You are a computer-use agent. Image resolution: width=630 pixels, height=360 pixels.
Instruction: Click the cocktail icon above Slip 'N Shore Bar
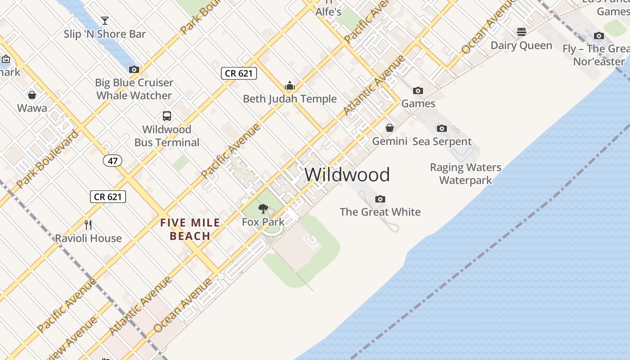(x=105, y=20)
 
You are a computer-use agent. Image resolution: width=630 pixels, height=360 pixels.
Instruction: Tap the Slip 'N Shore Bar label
(x=105, y=34)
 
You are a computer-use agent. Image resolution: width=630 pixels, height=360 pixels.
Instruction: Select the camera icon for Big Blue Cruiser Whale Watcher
(x=134, y=69)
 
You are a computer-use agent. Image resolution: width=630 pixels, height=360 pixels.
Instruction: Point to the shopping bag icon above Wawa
(x=32, y=95)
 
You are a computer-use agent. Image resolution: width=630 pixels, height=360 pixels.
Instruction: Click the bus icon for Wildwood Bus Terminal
(x=167, y=116)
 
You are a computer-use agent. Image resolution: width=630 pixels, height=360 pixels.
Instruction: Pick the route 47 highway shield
(x=112, y=161)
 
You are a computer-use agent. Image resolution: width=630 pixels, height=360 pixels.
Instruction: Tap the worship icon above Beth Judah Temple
(x=289, y=85)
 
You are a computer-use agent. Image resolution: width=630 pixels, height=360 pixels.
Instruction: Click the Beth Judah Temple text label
(x=290, y=99)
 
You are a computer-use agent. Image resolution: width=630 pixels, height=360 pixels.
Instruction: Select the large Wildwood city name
(x=347, y=175)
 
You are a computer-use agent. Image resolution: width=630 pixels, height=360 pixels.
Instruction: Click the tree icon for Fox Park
(x=263, y=209)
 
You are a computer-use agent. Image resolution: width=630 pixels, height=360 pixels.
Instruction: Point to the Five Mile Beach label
(x=190, y=229)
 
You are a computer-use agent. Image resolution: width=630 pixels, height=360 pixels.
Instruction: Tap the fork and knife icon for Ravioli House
(x=88, y=225)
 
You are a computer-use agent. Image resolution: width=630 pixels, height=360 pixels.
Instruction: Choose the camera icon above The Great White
(x=380, y=199)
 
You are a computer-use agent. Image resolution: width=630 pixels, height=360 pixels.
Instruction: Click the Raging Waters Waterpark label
(x=466, y=174)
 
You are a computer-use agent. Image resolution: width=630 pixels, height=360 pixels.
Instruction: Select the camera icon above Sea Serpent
(x=442, y=128)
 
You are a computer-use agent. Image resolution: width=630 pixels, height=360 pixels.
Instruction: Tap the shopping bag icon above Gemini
(x=390, y=128)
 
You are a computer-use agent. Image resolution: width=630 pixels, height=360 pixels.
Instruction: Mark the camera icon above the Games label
(x=418, y=90)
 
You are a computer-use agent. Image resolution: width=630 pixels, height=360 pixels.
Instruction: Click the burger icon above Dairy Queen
(x=522, y=32)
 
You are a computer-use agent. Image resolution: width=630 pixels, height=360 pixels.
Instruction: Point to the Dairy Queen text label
(x=521, y=45)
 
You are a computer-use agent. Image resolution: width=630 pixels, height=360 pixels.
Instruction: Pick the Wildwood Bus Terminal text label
(x=167, y=136)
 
